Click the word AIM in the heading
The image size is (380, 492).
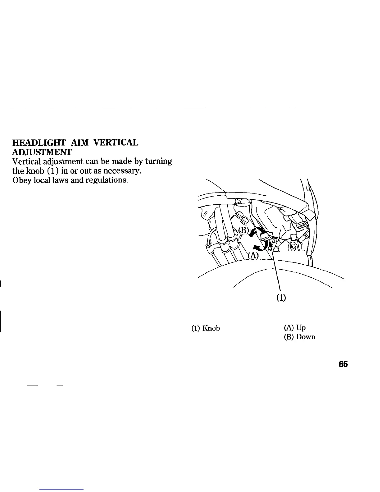80,143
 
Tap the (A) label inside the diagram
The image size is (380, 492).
253,255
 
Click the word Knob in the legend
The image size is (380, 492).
211,328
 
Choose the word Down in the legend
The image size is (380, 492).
305,337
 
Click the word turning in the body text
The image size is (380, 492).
159,162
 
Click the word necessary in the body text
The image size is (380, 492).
124,171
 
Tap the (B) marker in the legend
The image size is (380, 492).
289,337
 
